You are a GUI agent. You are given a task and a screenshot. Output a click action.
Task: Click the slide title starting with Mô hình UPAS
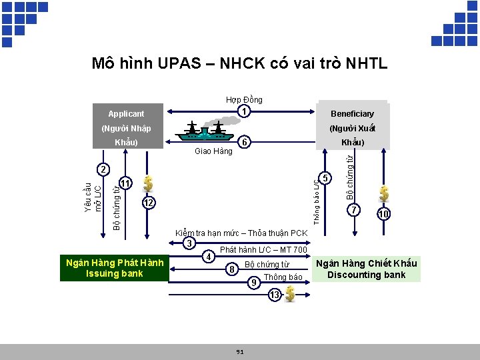click(239, 64)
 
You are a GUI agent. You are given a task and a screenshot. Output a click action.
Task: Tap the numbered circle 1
click(245, 111)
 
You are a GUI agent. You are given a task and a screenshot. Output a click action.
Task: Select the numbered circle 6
click(245, 143)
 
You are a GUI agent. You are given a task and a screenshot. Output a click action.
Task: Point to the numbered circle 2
click(100, 169)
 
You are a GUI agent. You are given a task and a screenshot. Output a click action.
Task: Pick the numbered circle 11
click(125, 182)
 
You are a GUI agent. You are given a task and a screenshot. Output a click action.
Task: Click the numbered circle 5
click(325, 178)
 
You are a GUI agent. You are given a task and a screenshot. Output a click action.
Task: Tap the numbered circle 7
click(354, 211)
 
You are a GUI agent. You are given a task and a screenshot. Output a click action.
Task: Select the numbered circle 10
click(383, 214)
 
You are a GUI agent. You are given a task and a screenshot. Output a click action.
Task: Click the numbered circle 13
click(275, 294)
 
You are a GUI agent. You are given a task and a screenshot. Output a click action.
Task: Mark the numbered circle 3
click(189, 243)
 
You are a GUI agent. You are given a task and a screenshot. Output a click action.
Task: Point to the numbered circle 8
click(231, 269)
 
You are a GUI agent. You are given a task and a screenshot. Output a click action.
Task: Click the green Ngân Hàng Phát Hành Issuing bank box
click(115, 268)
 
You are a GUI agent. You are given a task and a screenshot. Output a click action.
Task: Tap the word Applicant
click(126, 114)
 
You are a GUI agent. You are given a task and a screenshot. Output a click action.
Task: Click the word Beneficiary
click(353, 114)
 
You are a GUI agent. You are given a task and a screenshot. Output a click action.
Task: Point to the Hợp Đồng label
click(244, 99)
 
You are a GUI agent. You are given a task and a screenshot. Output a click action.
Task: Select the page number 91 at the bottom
click(239, 351)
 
